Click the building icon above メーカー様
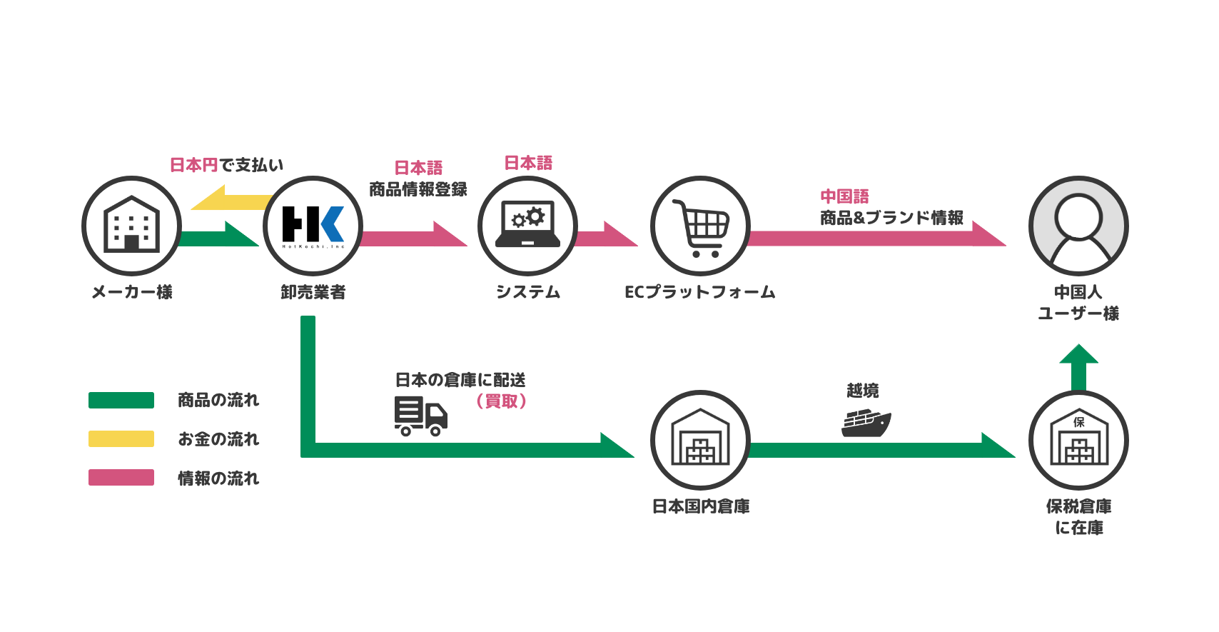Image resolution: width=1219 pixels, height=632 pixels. (x=131, y=225)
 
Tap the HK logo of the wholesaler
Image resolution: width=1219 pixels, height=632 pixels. (x=313, y=225)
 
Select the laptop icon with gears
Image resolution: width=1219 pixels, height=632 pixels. (x=527, y=225)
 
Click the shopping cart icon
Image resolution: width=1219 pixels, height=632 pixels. (x=700, y=226)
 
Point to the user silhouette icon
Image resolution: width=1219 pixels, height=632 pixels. (x=1078, y=226)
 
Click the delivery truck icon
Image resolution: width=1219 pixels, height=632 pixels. (x=420, y=416)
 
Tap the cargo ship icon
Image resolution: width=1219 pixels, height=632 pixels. (x=866, y=423)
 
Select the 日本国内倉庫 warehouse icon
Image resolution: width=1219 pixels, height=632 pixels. (x=700, y=439)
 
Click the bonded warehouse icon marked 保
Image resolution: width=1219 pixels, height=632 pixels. (x=1078, y=439)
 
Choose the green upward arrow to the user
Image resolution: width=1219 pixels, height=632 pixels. (x=1078, y=366)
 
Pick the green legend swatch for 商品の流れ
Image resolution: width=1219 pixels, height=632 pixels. (x=121, y=400)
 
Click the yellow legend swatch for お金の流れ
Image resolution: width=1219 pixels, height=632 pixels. (x=121, y=438)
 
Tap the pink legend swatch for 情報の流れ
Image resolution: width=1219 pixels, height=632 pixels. (x=121, y=478)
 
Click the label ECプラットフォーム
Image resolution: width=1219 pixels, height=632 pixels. (x=699, y=292)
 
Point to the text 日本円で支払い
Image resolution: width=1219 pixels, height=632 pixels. (x=226, y=165)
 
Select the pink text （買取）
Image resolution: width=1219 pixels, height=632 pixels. (x=501, y=401)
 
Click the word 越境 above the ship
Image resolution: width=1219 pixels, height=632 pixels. (x=862, y=391)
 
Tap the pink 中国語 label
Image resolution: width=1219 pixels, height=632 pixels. (x=844, y=196)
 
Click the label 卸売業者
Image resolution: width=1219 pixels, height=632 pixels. (x=313, y=292)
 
